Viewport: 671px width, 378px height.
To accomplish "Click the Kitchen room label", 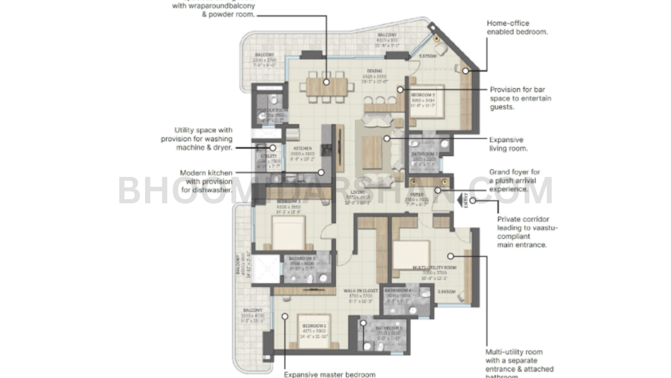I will pyautogui.click(x=302, y=149).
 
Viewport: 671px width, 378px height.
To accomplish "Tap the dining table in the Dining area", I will pyautogui.click(x=326, y=87).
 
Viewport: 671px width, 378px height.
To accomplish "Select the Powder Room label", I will pyautogui.click(x=272, y=110).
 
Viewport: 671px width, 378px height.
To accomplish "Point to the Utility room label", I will pyautogui.click(x=269, y=156).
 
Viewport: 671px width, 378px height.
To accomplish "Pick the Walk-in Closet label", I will pyautogui.click(x=361, y=291).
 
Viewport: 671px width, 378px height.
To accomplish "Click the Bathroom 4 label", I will pyautogui.click(x=398, y=291).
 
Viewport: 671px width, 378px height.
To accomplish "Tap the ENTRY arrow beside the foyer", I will pyautogui.click(x=463, y=200).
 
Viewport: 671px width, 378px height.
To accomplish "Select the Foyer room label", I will pyautogui.click(x=417, y=195).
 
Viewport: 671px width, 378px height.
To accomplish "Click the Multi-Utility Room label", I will pyautogui.click(x=434, y=268).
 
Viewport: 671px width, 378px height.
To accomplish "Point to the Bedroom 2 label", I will pyautogui.click(x=423, y=95).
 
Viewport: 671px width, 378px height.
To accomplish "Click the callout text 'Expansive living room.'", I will pyautogui.click(x=508, y=144).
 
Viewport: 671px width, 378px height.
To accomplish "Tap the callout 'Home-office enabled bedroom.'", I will pyautogui.click(x=517, y=27).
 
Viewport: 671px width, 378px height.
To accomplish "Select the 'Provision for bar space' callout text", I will pyautogui.click(x=520, y=98).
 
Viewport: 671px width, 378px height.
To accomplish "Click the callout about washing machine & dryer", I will pyautogui.click(x=196, y=139).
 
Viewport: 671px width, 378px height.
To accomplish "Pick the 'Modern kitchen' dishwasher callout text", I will pyautogui.click(x=206, y=181).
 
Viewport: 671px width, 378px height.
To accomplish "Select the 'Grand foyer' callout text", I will pyautogui.click(x=515, y=181).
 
